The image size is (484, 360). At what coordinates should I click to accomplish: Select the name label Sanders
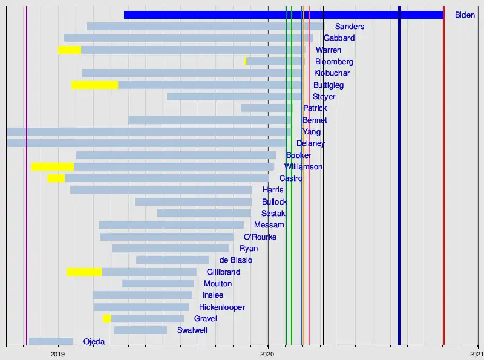[349, 27]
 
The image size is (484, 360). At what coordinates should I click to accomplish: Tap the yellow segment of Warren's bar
[70, 50]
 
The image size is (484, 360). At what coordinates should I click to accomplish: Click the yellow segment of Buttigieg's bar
[94, 85]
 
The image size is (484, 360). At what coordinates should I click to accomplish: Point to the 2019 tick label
[58, 353]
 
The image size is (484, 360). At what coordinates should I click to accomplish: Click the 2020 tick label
[268, 353]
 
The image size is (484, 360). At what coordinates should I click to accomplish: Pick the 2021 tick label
[477, 353]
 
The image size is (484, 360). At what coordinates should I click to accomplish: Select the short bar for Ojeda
[51, 341]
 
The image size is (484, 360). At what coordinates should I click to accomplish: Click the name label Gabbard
[339, 38]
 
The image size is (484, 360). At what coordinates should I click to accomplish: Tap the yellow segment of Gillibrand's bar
[84, 272]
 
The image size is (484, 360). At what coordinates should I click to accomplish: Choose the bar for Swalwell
[140, 330]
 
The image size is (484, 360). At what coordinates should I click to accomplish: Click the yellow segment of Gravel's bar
[106, 318]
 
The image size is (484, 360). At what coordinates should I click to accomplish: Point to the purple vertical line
[27, 182]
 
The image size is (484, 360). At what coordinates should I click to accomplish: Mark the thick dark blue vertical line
[399, 182]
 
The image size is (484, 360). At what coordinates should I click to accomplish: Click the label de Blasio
[236, 260]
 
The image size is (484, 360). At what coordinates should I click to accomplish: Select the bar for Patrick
[266, 108]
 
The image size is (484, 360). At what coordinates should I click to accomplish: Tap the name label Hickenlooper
[221, 307]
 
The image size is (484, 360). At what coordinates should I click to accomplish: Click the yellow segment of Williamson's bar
[53, 166]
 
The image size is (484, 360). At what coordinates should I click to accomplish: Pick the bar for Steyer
[235, 96]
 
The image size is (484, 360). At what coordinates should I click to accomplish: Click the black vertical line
[324, 182]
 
